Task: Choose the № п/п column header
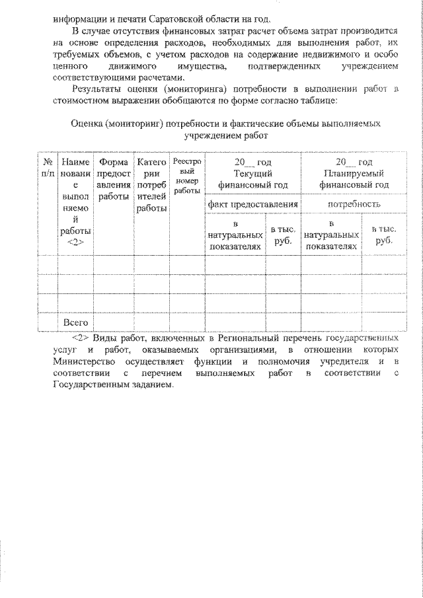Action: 47,167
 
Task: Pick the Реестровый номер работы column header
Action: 187,176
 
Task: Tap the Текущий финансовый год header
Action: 252,179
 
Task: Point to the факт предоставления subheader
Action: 252,204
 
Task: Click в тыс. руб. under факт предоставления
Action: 283,235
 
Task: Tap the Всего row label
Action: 75,322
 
